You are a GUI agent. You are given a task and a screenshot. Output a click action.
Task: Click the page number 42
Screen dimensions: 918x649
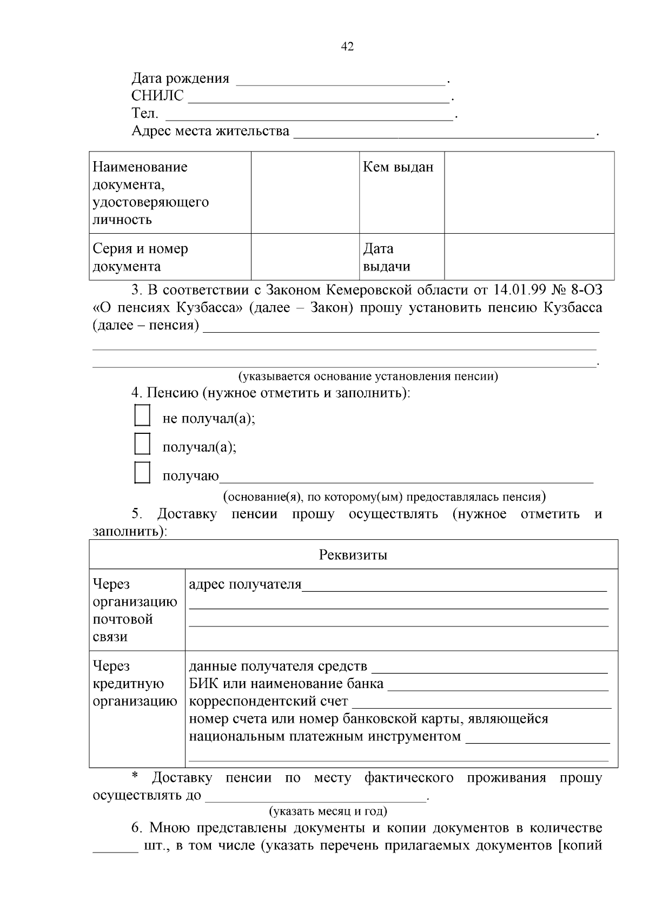pyautogui.click(x=347, y=47)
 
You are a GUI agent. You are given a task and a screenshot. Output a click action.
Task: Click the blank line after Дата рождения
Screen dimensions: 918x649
pyautogui.click(x=341, y=81)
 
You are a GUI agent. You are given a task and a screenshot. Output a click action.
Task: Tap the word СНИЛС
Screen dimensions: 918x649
pyautogui.click(x=157, y=96)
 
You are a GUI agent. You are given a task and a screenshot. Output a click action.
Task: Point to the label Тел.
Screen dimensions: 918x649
pyautogui.click(x=144, y=114)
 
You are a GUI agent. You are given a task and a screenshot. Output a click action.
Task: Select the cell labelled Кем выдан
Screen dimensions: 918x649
pyautogui.click(x=398, y=167)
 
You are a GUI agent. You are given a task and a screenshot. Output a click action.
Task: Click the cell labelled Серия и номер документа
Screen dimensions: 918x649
pyautogui.click(x=141, y=257)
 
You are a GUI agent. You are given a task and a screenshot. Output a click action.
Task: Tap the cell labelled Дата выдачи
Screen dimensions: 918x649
pyautogui.click(x=386, y=257)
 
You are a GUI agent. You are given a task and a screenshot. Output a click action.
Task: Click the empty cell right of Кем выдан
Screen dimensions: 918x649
pyautogui.click(x=529, y=193)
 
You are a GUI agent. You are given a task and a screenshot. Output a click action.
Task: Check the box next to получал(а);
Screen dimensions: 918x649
pyautogui.click(x=142, y=444)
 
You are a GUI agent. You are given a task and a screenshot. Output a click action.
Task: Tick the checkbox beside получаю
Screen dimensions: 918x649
pyautogui.click(x=142, y=473)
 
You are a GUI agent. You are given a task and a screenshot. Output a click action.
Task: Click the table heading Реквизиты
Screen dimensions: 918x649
pyautogui.click(x=353, y=555)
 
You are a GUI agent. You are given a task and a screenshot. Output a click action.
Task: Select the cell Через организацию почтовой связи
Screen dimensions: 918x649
pyautogui.click(x=135, y=610)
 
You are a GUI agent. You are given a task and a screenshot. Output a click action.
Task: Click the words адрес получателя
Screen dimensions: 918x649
pyautogui.click(x=244, y=584)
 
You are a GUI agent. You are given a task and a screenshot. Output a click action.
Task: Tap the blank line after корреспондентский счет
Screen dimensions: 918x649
pyautogui.click(x=481, y=705)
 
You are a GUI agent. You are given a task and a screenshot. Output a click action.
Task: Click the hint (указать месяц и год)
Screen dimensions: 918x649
pyautogui.click(x=328, y=811)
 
